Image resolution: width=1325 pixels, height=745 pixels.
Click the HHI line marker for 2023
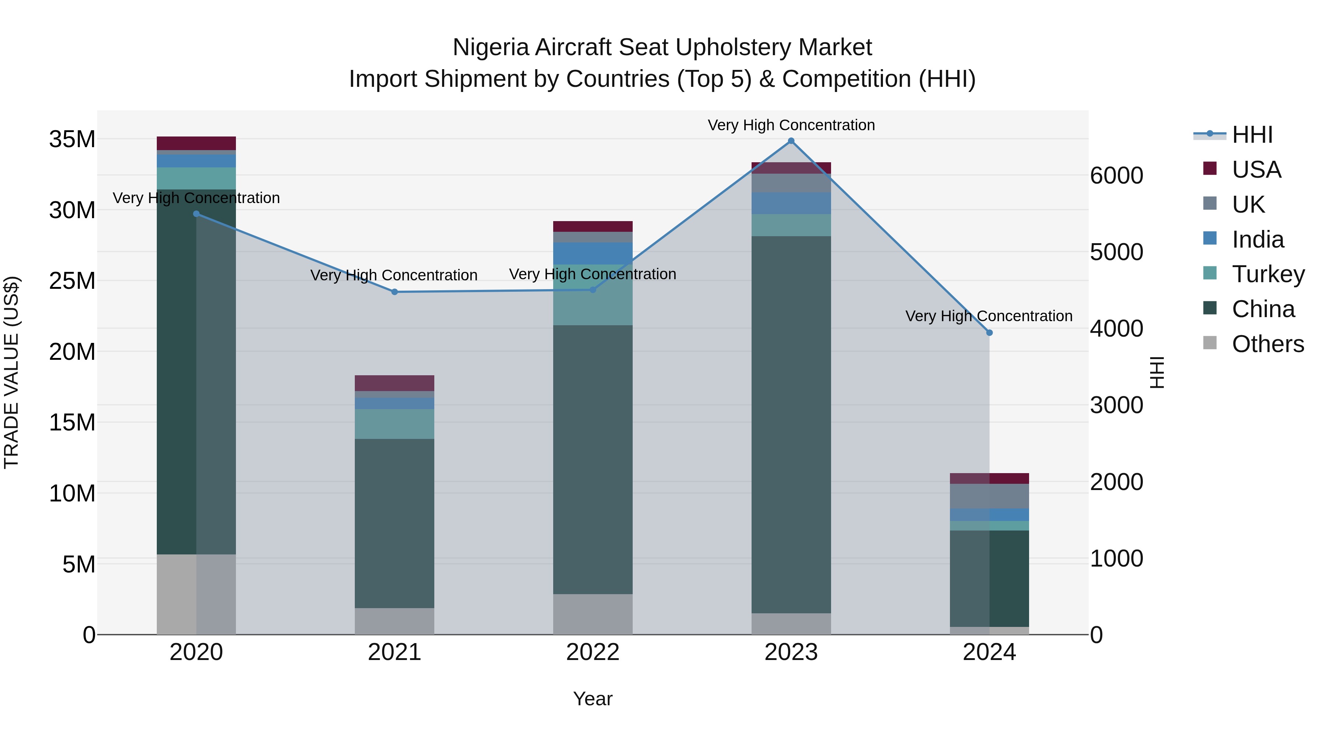(791, 141)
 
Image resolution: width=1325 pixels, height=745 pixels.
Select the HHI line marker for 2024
(989, 333)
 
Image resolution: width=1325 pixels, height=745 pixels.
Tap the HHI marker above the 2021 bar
(395, 292)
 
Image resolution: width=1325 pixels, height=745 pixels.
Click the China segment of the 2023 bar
(791, 424)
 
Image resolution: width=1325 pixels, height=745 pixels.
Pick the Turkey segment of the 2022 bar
(593, 295)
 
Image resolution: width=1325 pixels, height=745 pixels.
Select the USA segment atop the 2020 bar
(196, 143)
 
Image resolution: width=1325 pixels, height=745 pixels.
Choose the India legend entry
(1258, 240)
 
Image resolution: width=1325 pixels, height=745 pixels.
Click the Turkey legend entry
(1268, 274)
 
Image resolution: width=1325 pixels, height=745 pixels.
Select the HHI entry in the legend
(1252, 135)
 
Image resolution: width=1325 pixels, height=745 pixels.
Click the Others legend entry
(1268, 344)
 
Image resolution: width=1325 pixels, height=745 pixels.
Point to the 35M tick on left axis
(72, 139)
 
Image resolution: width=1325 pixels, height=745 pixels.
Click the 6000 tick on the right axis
(1116, 175)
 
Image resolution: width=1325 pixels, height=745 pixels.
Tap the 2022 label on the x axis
(593, 652)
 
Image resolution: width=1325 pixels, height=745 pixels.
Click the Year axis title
(593, 699)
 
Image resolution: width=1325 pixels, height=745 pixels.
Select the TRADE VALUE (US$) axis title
(11, 372)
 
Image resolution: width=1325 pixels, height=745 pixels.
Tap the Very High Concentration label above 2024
(989, 316)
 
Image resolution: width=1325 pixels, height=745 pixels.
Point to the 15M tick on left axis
(72, 423)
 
